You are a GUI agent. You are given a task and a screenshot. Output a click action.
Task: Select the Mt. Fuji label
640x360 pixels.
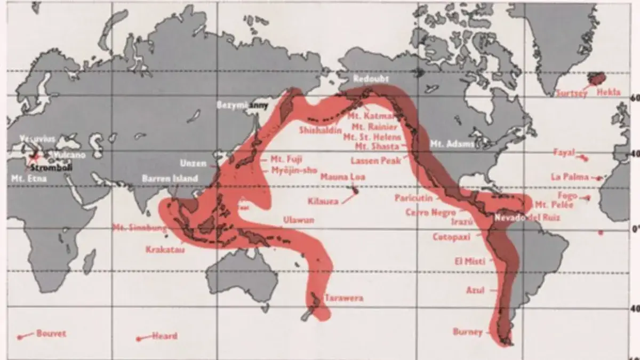(282, 159)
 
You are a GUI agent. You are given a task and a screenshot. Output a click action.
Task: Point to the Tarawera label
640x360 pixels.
(343, 298)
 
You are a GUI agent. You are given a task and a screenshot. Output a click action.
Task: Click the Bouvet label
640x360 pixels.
(51, 334)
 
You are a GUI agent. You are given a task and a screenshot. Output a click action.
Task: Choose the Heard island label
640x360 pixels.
(165, 336)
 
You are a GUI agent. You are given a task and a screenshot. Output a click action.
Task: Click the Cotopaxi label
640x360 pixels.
(451, 237)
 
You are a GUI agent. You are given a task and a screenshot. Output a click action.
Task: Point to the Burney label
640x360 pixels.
(467, 332)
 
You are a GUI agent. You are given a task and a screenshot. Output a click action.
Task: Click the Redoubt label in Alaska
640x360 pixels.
(371, 78)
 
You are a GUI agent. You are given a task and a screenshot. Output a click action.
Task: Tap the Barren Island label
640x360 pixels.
(170, 179)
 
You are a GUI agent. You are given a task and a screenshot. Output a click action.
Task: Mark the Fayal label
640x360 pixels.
(564, 153)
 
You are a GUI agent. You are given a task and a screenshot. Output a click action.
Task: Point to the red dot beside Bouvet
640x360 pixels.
(20, 337)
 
